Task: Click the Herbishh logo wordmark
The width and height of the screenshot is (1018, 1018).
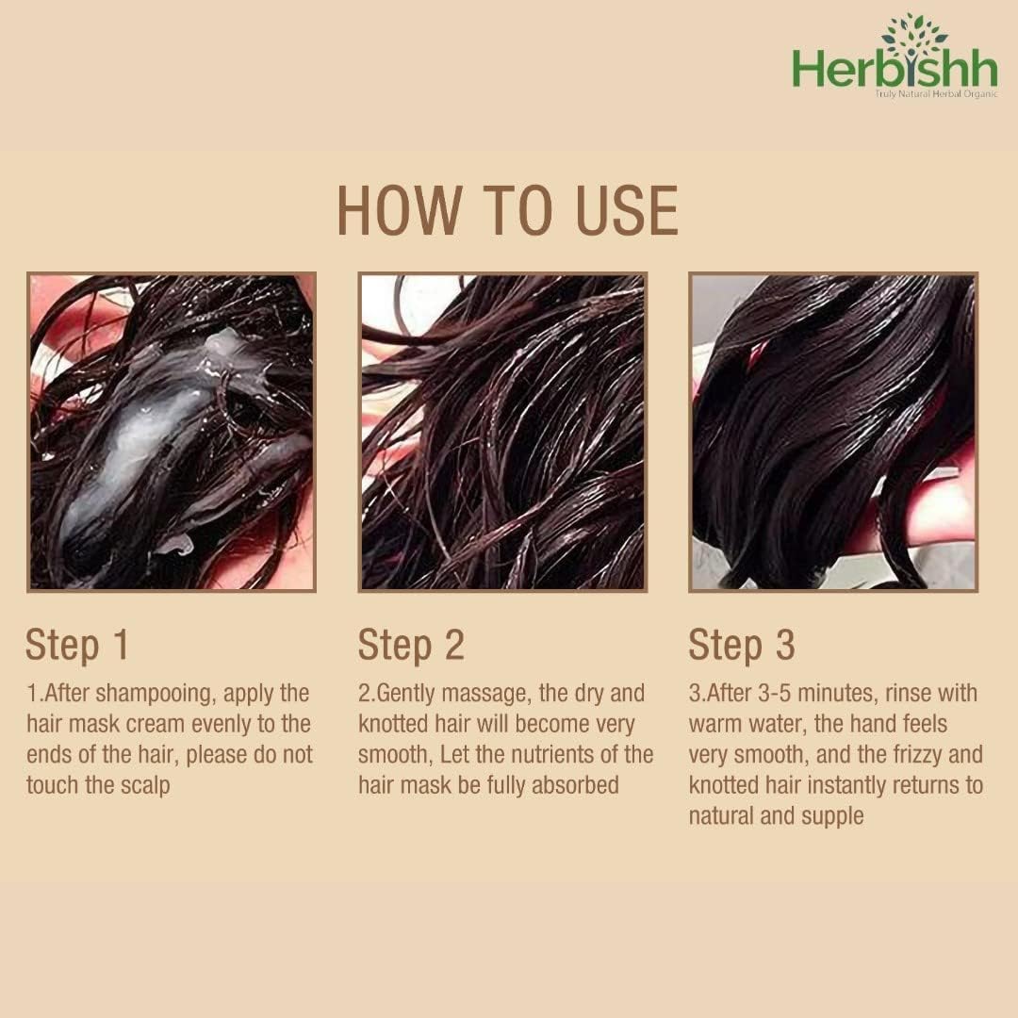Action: pos(895,69)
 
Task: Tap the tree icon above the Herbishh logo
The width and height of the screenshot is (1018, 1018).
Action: pos(911,31)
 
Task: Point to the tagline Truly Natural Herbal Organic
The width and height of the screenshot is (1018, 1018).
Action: pos(936,95)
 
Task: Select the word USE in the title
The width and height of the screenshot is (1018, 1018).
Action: pos(627,210)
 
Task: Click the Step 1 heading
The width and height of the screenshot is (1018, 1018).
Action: pos(77,646)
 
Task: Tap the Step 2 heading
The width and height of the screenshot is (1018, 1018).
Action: pos(411,646)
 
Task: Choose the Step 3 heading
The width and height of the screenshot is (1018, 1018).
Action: pos(742,646)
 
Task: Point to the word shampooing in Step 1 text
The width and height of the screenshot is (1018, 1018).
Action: pos(156,695)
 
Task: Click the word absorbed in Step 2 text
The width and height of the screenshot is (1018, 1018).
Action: pos(575,785)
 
